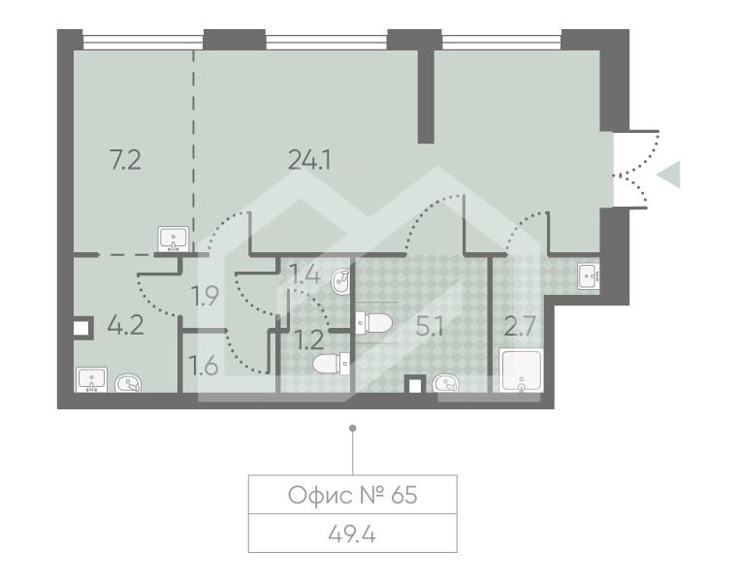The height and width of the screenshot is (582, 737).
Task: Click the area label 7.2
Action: click(x=126, y=160)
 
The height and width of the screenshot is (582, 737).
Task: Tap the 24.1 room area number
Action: click(x=310, y=160)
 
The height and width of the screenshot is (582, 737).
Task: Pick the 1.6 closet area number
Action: click(x=205, y=367)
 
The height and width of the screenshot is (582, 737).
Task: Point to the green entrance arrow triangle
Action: click(x=669, y=176)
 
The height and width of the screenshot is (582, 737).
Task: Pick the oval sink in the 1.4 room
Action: click(x=340, y=282)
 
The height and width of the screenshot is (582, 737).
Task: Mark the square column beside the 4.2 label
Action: click(x=81, y=328)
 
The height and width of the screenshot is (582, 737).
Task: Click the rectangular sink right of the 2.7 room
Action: click(x=589, y=276)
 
